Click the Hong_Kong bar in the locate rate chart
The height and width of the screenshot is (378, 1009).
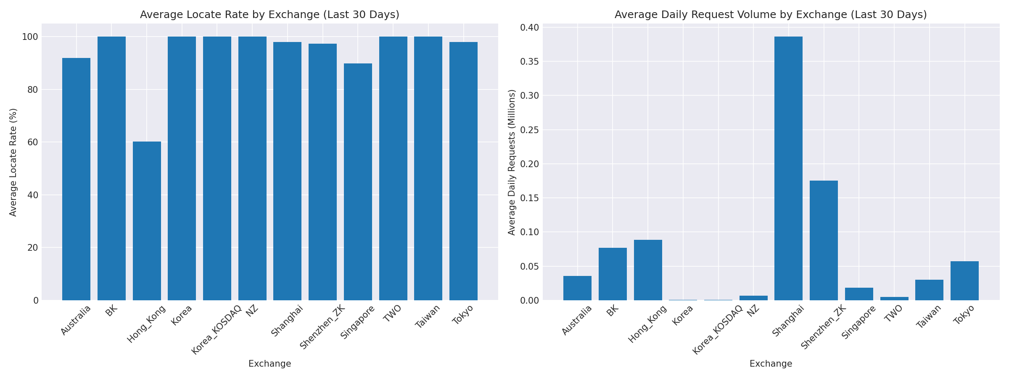147,221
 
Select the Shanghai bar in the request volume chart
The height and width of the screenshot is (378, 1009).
788,168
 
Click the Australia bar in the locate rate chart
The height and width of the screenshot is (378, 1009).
76,179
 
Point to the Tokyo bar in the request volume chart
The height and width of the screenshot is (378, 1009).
964,281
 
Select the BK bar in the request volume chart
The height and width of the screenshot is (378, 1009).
613,274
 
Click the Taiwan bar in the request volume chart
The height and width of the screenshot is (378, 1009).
929,290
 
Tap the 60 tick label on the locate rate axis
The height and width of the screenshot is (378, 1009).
32,142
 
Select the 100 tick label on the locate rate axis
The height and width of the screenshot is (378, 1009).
30,37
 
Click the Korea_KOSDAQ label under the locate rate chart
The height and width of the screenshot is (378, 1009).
217,330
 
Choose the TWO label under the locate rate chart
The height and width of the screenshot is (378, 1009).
392,313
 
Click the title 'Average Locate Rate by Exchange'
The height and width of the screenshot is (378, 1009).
269,15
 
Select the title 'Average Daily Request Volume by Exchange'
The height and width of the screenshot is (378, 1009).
771,15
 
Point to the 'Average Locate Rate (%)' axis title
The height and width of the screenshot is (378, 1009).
13,162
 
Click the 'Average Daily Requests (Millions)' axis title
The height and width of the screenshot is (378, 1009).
512,162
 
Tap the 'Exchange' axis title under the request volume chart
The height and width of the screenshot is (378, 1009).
771,364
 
